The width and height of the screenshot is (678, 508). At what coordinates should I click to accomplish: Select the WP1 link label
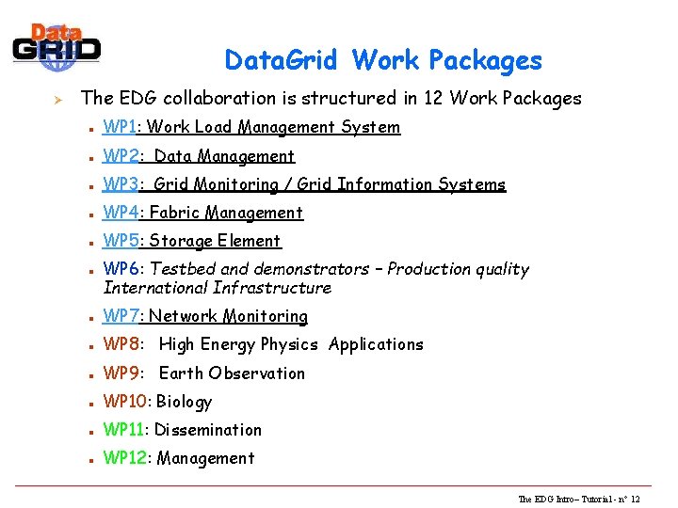121,127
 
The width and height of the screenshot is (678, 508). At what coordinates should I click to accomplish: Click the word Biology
184,402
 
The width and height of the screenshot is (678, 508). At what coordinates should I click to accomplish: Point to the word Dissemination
208,430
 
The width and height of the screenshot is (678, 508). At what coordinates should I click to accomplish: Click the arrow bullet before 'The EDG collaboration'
56,97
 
